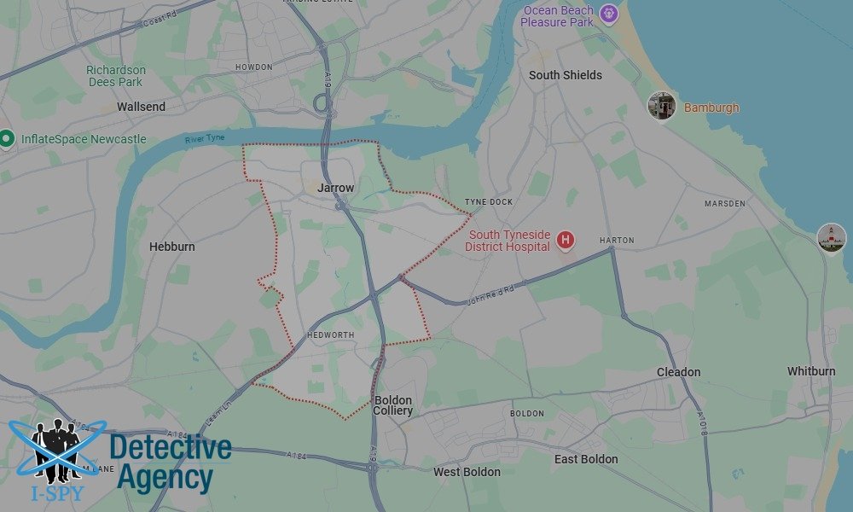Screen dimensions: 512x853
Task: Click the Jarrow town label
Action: tap(335, 188)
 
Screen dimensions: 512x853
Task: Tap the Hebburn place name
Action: tap(172, 247)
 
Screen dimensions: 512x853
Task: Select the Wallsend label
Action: tap(141, 108)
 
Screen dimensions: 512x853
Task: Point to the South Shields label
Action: tap(565, 75)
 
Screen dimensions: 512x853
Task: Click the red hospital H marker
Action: tap(565, 241)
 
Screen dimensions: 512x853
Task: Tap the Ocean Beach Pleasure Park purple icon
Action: tap(607, 13)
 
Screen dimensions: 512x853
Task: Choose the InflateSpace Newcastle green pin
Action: tap(8, 138)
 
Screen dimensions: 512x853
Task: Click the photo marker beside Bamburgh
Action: tap(662, 106)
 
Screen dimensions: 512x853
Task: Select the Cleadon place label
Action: tap(678, 372)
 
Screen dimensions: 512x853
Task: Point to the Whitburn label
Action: tap(811, 371)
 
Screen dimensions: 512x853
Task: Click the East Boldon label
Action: tap(586, 459)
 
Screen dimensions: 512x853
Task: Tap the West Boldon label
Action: tap(467, 472)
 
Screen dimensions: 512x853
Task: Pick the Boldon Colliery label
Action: tap(392, 405)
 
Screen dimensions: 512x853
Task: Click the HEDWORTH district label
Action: tap(329, 335)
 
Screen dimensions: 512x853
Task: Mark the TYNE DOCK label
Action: tap(489, 202)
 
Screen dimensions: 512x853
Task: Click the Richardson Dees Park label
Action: tap(116, 76)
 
